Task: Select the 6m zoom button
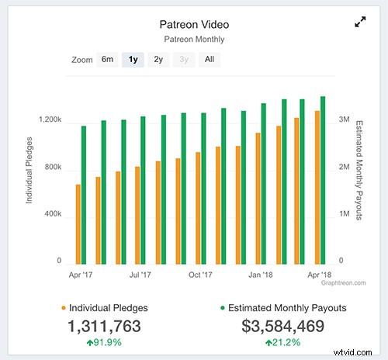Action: coord(107,59)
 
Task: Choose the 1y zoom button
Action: coord(133,59)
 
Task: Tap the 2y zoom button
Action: coord(158,59)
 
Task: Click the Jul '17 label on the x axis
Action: coord(140,275)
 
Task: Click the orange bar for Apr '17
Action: coord(78,223)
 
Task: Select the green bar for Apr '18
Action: coord(323,179)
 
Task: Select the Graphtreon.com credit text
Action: coord(342,283)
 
